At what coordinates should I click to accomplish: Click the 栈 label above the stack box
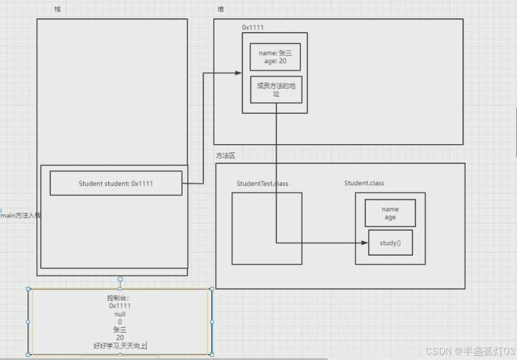(58, 9)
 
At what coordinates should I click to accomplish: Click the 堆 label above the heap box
(221, 9)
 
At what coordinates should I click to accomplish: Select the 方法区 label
(226, 155)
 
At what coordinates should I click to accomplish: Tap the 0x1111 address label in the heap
(253, 27)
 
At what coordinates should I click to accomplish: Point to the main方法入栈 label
(21, 215)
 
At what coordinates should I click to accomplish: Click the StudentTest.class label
(262, 183)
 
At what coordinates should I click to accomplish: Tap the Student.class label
(364, 183)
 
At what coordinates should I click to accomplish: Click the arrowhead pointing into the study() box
(364, 243)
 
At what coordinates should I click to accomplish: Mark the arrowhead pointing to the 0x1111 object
(239, 73)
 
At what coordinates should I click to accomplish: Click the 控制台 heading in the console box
(118, 298)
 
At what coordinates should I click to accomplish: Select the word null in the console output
(120, 314)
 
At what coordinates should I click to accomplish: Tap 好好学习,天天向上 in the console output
(120, 346)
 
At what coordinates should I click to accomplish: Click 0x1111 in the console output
(120, 305)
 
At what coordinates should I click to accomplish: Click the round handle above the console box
(120, 279)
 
